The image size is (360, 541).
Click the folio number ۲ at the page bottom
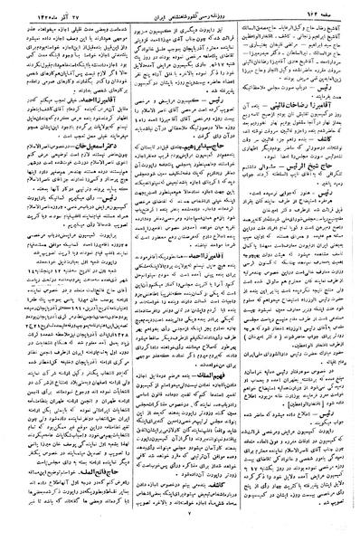coord(179,532)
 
